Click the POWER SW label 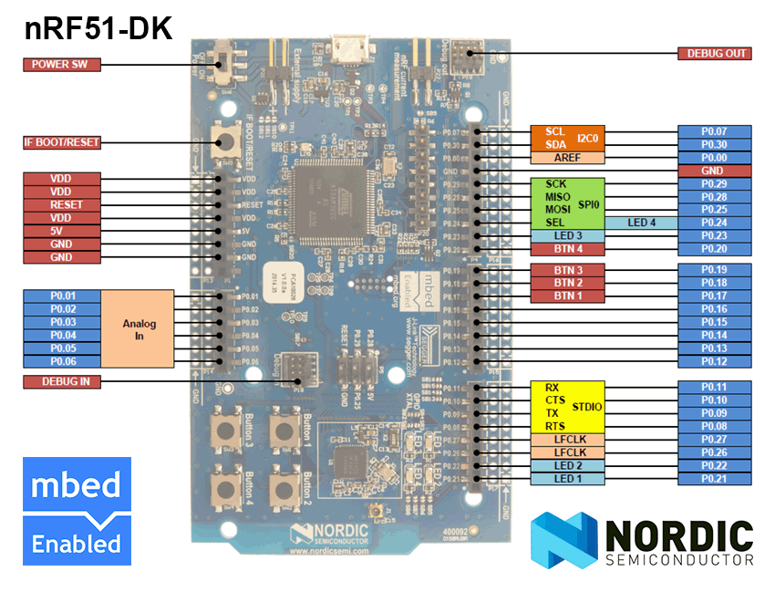(x=61, y=64)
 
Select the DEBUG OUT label (x=714, y=53)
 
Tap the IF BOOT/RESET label (x=61, y=142)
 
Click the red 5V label (x=61, y=231)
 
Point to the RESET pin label (x=61, y=205)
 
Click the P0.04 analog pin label (x=61, y=335)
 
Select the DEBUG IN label (x=61, y=381)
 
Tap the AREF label (x=567, y=157)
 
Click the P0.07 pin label (x=714, y=131)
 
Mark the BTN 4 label (x=567, y=248)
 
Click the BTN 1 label (x=567, y=296)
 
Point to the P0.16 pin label (x=714, y=309)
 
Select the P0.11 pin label (x=714, y=387)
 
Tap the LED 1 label (x=567, y=479)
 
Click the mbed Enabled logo (x=77, y=512)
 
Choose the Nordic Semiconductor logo (x=642, y=541)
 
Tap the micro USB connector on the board (x=347, y=45)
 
